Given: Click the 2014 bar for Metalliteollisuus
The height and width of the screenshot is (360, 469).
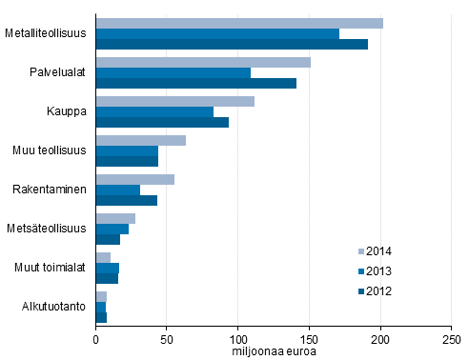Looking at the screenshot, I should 238,23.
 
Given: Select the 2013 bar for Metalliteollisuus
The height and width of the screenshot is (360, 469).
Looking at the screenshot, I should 217,33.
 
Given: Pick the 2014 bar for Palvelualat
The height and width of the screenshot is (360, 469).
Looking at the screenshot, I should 203,62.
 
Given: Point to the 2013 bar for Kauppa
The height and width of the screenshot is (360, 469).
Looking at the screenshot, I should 154,111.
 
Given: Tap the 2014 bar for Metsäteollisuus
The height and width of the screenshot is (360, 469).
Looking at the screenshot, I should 115,218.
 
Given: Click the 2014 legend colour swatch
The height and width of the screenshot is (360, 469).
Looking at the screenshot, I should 361,251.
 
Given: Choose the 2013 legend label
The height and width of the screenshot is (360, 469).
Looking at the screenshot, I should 379,271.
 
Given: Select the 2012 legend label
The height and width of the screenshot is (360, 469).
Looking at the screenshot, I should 379,291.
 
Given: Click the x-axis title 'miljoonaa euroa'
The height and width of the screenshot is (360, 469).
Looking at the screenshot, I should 274,350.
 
